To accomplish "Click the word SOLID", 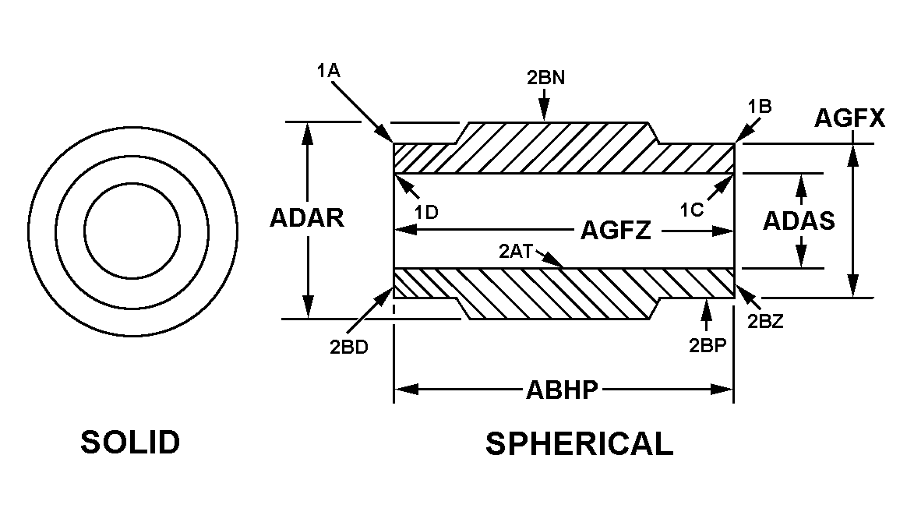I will click(130, 443).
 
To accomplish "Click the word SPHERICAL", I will click(579, 443).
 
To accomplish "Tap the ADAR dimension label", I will click(307, 218).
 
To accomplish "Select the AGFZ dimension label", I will click(616, 231).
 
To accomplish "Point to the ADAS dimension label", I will click(799, 221).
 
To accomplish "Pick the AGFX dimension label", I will click(849, 118).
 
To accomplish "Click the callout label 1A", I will click(328, 71).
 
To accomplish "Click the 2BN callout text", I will click(545, 78).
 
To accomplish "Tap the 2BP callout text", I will click(708, 346).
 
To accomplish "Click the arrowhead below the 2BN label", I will click(545, 114).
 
